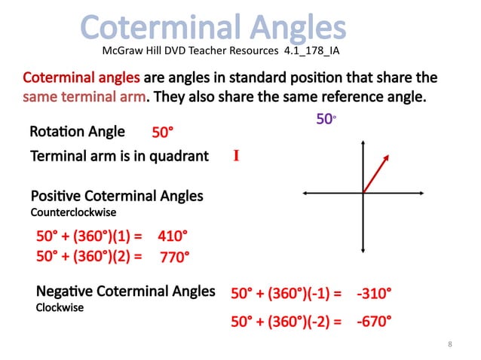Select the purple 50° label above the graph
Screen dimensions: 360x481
click(x=325, y=119)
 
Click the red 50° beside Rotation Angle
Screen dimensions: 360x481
click(x=163, y=133)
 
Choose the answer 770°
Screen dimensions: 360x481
click(x=174, y=257)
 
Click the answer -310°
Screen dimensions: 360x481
click(x=374, y=293)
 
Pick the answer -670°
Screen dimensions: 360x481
click(x=374, y=322)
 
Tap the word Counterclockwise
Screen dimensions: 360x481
click(x=73, y=212)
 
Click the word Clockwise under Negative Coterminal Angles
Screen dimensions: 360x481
click(x=60, y=307)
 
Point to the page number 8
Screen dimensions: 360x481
click(x=449, y=344)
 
